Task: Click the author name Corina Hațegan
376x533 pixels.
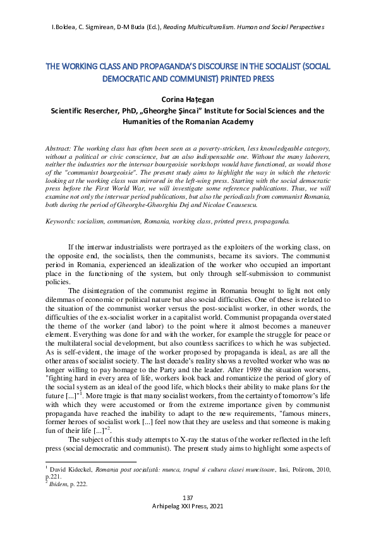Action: click(188, 99)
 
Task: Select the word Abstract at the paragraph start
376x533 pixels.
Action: click(59, 147)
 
